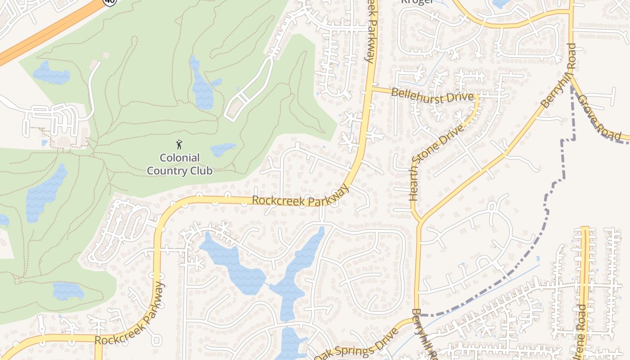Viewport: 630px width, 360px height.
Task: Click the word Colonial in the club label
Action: pyautogui.click(x=180, y=158)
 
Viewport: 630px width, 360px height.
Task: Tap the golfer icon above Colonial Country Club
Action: pyautogui.click(x=180, y=145)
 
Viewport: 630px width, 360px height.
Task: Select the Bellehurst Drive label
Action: pyautogui.click(x=432, y=95)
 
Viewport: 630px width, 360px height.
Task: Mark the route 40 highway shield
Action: pyautogui.click(x=110, y=1)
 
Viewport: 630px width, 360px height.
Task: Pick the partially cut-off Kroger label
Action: pyautogui.click(x=418, y=2)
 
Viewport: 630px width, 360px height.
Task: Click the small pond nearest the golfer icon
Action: pyautogui.click(x=223, y=149)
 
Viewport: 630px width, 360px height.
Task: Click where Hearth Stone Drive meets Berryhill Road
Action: pyautogui.click(x=419, y=221)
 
